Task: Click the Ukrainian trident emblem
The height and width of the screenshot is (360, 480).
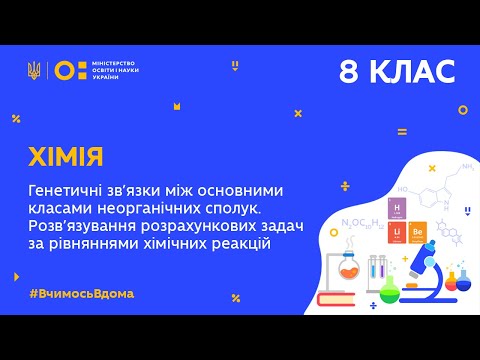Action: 34,70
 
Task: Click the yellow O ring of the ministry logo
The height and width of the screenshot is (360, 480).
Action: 62,70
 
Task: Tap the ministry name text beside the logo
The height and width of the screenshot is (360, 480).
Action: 118,70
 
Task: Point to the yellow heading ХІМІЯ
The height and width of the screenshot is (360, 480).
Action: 67,158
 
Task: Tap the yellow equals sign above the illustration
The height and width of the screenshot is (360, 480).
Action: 402,131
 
